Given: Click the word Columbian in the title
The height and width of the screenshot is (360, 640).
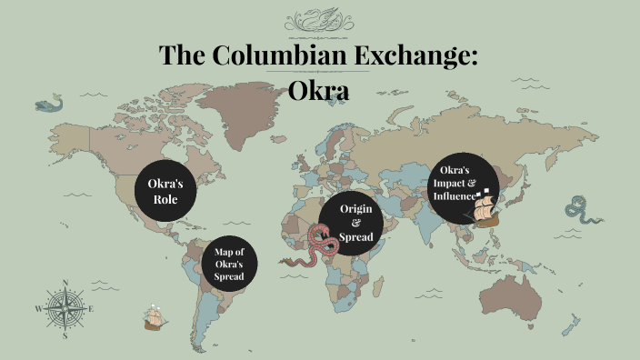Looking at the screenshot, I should pos(265,55).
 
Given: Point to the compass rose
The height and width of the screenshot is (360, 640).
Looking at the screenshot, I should pos(65,308).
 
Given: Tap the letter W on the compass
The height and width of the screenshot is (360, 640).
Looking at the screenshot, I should pos(38,309).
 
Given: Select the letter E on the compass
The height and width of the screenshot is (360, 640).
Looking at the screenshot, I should pos(92,309).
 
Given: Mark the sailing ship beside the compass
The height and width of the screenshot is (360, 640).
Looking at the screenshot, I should pos(154,317).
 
